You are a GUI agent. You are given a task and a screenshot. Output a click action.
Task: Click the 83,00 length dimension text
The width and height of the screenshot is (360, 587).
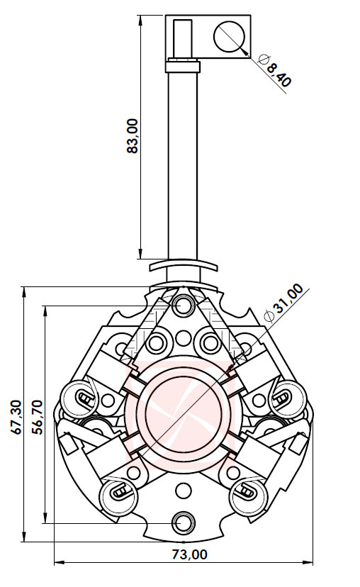click(x=132, y=135)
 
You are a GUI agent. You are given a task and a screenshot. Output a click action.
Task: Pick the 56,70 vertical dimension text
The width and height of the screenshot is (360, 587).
click(x=39, y=415)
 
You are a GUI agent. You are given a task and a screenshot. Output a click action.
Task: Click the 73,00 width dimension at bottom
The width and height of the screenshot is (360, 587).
click(x=188, y=554)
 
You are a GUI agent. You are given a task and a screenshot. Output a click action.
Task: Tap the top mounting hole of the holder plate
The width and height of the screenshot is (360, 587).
click(x=184, y=306)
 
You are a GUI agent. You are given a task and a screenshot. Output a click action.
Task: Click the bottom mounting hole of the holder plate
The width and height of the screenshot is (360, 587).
click(x=184, y=522)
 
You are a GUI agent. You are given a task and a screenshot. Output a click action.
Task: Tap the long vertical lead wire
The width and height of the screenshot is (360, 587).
click(x=184, y=163)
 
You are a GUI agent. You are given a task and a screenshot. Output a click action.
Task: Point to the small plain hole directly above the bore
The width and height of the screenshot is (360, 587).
click(x=184, y=337)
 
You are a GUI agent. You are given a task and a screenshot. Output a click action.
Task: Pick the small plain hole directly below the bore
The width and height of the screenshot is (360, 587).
click(x=184, y=490)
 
